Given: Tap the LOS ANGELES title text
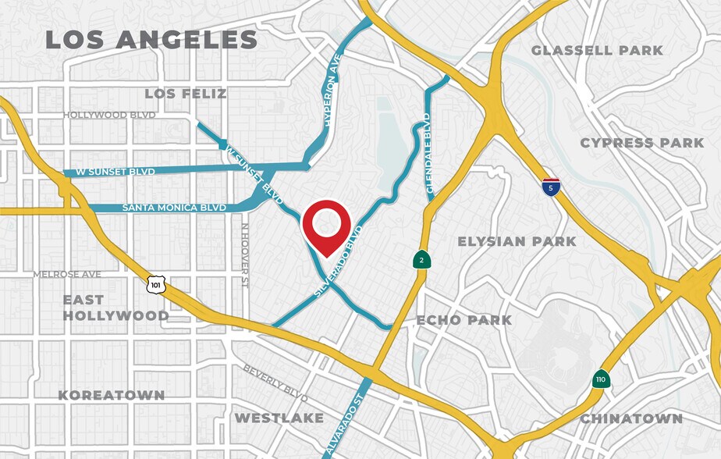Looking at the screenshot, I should (x=151, y=40).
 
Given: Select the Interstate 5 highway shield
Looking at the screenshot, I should (x=551, y=187).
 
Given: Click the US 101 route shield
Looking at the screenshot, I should (x=156, y=285).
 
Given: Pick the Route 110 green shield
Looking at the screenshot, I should (x=600, y=379).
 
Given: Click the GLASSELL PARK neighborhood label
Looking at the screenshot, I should (x=597, y=51).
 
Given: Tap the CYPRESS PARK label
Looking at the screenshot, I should (x=642, y=143).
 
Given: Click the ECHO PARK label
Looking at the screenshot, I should (x=464, y=320).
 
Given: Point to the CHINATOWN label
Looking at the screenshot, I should (x=630, y=419).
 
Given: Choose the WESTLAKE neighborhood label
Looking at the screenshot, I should (x=279, y=418).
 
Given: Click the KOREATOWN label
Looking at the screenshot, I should (x=112, y=395).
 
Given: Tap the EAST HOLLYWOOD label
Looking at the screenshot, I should (x=115, y=308).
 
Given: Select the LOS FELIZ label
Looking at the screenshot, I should (x=186, y=94).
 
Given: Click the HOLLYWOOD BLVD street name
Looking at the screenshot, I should (x=109, y=115).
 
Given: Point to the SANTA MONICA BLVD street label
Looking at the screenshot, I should (x=173, y=208).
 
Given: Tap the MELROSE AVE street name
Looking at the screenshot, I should (x=67, y=275).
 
